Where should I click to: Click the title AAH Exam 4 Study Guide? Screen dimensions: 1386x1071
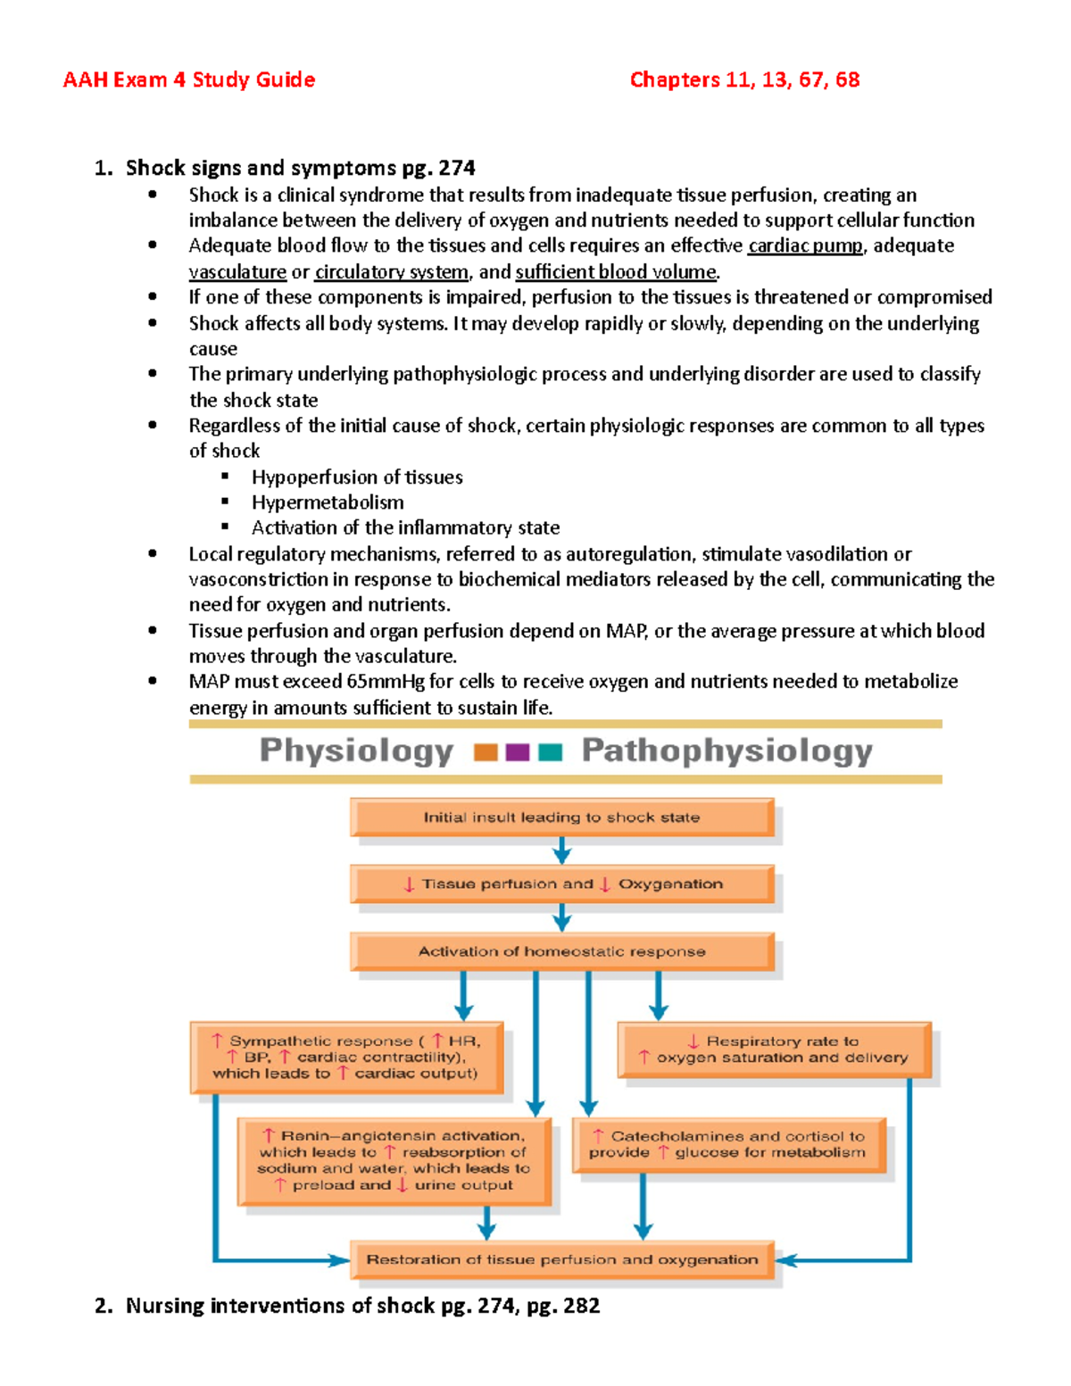point(188,80)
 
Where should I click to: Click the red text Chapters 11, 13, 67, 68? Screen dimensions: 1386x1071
point(744,80)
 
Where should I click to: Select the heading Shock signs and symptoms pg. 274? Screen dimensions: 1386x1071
point(300,168)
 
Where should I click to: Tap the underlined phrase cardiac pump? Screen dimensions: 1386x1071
point(805,246)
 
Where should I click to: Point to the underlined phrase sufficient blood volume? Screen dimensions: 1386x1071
point(616,272)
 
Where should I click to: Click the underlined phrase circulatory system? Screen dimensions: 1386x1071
point(391,272)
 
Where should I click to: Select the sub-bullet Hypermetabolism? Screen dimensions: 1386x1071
point(328,502)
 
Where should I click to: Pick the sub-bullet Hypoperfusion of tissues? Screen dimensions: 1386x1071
point(357,477)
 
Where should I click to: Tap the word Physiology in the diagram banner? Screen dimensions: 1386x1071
point(356,751)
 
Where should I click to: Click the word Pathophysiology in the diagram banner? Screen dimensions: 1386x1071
point(726,751)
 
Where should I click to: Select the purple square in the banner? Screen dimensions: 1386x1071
point(518,752)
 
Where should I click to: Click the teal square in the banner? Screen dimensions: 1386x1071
point(551,752)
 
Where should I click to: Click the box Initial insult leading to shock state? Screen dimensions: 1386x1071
point(561,817)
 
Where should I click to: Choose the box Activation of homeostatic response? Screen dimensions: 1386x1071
point(561,952)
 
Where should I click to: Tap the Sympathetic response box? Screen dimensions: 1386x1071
point(346,1058)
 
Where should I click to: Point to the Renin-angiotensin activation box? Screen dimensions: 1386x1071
point(394,1160)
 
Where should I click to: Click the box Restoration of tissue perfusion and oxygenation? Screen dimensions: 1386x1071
point(561,1260)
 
